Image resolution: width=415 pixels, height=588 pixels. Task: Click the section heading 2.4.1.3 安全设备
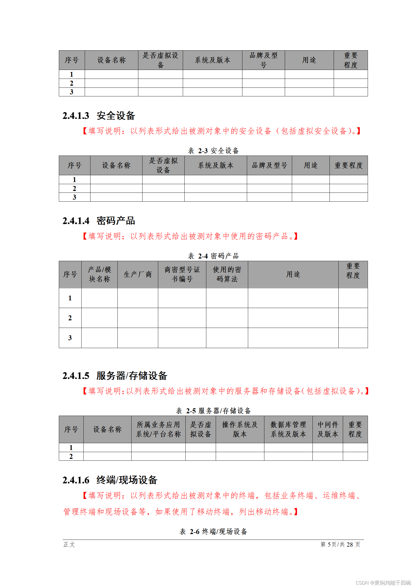pyautogui.click(x=99, y=116)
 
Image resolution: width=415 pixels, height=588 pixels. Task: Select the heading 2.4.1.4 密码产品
pyautogui.click(x=99, y=221)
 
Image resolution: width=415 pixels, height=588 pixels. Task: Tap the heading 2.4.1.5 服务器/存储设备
pyautogui.click(x=115, y=376)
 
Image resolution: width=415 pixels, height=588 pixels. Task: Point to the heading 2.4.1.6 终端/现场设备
pyautogui.click(x=110, y=480)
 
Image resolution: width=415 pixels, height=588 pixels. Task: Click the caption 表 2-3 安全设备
pyautogui.click(x=213, y=151)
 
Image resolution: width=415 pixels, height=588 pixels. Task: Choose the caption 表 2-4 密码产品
pyautogui.click(x=213, y=256)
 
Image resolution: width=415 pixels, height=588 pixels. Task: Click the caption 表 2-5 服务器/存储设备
pyautogui.click(x=213, y=411)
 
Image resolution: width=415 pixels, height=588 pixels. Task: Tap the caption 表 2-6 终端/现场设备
pyautogui.click(x=213, y=531)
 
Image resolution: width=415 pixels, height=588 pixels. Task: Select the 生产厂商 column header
pyautogui.click(x=138, y=274)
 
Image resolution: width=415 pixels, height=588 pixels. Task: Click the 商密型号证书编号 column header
pyautogui.click(x=182, y=274)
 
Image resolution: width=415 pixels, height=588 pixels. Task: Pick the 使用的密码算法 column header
pyautogui.click(x=227, y=274)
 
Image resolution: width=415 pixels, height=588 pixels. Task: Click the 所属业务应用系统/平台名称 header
pyautogui.click(x=158, y=429)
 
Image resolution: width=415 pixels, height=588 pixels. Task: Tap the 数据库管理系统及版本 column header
pyautogui.click(x=288, y=429)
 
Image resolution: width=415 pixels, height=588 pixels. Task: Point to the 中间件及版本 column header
pyautogui.click(x=328, y=429)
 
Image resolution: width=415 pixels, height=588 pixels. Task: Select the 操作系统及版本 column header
pyautogui.click(x=240, y=429)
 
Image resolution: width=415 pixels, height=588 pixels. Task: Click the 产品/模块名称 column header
pyautogui.click(x=99, y=274)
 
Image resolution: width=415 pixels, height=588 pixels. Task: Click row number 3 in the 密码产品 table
pyautogui.click(x=70, y=338)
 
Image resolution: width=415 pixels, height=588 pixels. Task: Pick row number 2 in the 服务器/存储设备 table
pyautogui.click(x=71, y=456)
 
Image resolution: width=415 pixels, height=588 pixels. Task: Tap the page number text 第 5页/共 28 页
pyautogui.click(x=340, y=545)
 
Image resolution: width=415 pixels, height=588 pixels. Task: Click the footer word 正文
pyautogui.click(x=69, y=545)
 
